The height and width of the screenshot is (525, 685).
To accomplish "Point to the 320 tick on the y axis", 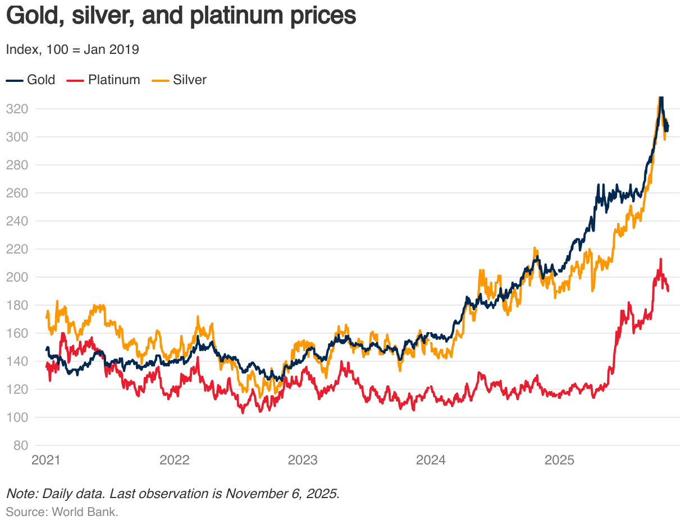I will [16, 109].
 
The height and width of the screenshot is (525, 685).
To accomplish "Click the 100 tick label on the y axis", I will [16, 417].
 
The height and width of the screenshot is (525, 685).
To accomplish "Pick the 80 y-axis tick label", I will [20, 445].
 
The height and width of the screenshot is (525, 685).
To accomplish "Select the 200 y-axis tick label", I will [16, 277].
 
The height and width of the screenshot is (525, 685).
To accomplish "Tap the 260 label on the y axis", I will [16, 193].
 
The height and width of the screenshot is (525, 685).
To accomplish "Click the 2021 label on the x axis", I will [46, 460].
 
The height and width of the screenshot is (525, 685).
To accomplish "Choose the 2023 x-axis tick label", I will [303, 460].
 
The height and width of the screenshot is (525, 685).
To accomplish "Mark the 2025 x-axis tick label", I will [559, 460].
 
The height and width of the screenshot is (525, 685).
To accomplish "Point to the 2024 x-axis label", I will [431, 460].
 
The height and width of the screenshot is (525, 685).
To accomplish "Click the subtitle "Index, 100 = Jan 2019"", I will [72, 49].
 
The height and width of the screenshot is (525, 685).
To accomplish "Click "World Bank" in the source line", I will [85, 512].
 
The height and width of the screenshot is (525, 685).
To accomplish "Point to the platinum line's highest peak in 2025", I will [661, 259].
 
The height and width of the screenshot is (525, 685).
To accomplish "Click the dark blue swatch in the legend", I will [15, 80].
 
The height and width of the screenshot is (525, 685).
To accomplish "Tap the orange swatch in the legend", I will [161, 80].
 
